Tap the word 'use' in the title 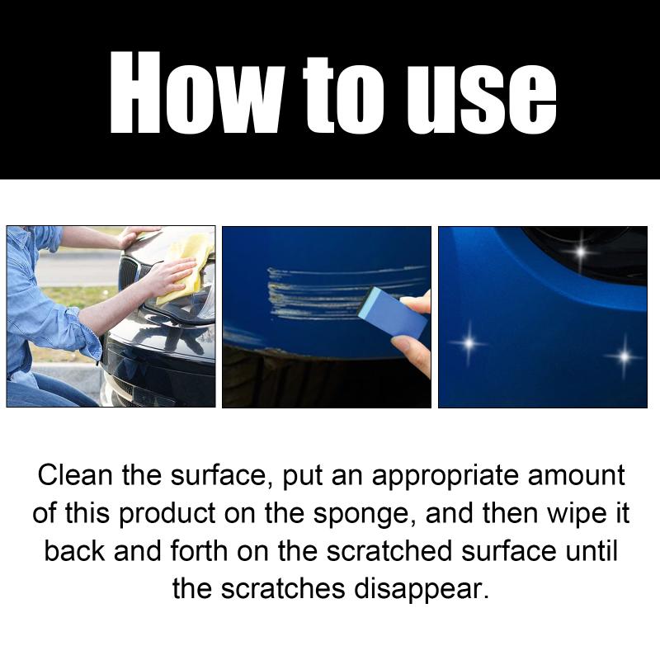[482, 98]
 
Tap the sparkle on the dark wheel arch [581, 252]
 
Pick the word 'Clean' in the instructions [75, 475]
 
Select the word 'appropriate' [445, 477]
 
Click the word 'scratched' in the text [389, 551]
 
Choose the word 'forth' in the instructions [199, 551]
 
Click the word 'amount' [576, 476]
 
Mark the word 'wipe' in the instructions [574, 515]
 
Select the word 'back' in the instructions [74, 551]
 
